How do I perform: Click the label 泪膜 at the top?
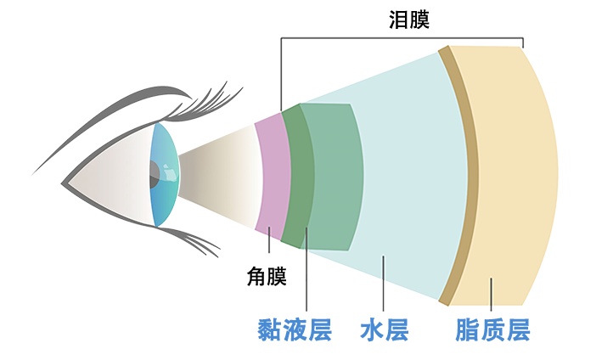click(409, 20)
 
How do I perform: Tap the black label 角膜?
click(267, 276)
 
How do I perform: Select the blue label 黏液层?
click(295, 330)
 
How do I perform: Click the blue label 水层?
click(385, 330)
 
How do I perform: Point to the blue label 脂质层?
click(492, 330)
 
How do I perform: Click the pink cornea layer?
click(273, 176)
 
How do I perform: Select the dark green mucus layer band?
click(298, 176)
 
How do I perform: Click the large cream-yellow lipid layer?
click(512, 176)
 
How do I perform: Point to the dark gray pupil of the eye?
click(154, 174)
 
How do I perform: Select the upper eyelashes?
click(203, 103)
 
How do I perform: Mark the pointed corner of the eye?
click(62, 183)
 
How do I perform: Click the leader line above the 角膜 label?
click(269, 239)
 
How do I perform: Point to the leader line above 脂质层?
click(492, 294)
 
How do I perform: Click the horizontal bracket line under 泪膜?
click(402, 38)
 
